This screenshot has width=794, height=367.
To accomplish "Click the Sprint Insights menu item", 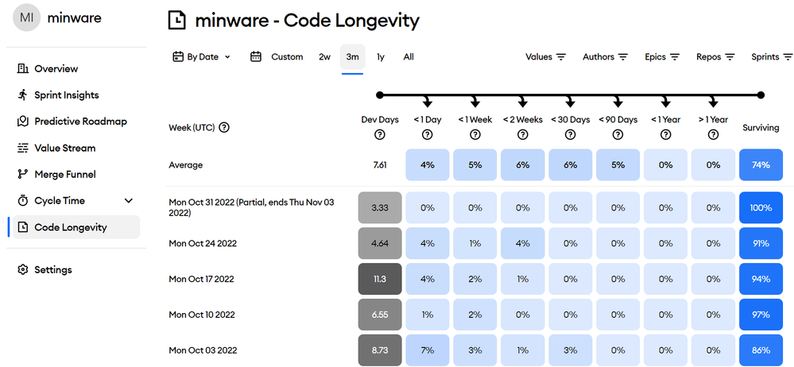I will click(66, 95).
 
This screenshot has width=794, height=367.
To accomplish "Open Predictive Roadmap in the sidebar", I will click(79, 122).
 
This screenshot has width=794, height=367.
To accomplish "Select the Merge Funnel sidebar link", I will click(64, 174).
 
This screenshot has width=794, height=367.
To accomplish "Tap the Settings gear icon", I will click(23, 270).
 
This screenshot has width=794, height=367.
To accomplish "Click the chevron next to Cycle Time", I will click(129, 201).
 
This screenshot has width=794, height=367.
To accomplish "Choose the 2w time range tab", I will click(324, 57).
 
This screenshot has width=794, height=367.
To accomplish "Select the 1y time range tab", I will click(381, 57).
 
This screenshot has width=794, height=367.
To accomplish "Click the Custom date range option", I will click(286, 57).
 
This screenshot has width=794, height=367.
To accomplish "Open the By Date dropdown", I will click(202, 57).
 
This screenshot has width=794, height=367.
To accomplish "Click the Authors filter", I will click(605, 57).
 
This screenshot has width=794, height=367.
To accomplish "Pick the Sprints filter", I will click(772, 57).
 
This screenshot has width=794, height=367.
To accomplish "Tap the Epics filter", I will click(662, 57).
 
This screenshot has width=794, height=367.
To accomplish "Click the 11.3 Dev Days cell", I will click(379, 279).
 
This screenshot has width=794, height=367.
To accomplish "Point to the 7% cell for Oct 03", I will click(427, 350).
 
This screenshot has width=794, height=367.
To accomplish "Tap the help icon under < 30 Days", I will click(570, 134).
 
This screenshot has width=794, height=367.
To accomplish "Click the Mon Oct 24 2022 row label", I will click(203, 243).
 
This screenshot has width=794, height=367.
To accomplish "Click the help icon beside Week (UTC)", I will click(224, 127).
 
